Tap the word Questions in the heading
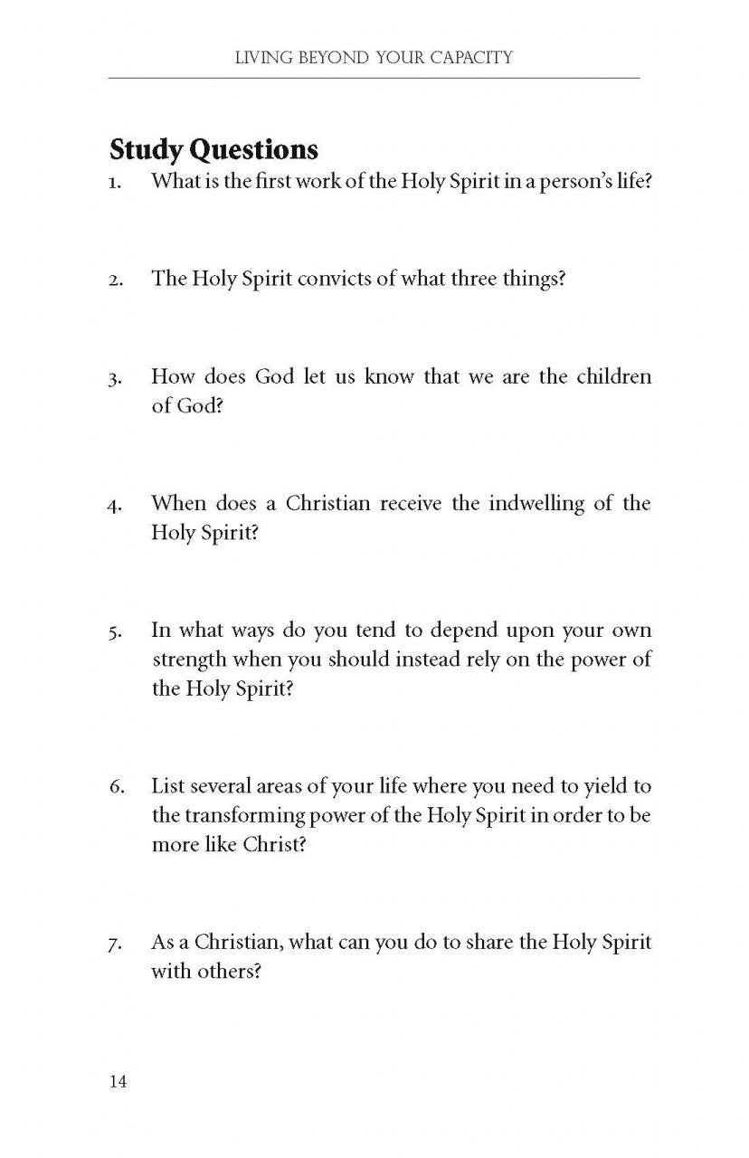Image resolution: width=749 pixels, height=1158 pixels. click(252, 148)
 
